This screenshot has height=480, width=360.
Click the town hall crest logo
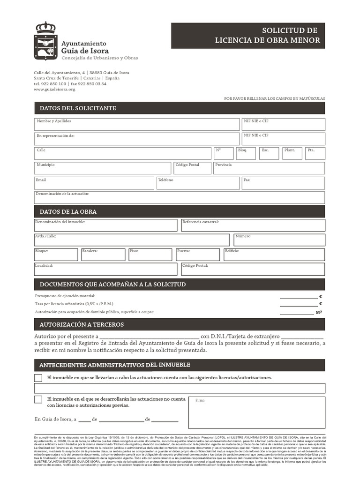point(45,41)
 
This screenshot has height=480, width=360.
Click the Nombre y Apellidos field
point(136,125)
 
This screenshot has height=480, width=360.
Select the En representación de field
point(136,139)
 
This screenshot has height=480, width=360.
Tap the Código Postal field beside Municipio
point(192,168)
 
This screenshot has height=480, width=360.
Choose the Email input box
point(94,183)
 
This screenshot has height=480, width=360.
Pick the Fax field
point(283,183)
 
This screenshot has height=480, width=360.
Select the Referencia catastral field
point(253,225)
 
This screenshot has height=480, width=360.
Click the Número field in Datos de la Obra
point(279,240)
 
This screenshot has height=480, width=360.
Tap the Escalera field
point(103,255)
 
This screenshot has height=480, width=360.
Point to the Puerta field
point(198,255)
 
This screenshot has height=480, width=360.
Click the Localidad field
point(105,269)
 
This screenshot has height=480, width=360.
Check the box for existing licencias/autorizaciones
point(38,378)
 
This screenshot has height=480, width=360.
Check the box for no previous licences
point(38,399)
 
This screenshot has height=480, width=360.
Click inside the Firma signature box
point(257,413)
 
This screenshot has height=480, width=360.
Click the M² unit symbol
point(319,312)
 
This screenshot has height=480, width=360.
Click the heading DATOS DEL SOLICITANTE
point(78,108)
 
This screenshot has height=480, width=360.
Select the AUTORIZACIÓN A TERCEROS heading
point(82,324)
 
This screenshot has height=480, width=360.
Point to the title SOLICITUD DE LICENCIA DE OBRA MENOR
point(267,36)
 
